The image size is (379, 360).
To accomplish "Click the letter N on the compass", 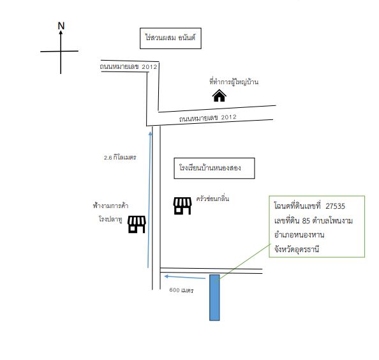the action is click(61, 26).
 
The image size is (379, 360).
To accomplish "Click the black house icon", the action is click(219, 96).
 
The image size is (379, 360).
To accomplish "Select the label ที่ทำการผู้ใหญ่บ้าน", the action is click(234, 82).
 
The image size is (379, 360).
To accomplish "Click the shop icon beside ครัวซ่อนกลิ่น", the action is click(182, 206).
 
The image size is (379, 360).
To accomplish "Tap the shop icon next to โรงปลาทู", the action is click(137, 225).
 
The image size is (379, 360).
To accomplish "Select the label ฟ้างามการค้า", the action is click(110, 206).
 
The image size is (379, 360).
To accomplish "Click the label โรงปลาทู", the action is click(110, 219).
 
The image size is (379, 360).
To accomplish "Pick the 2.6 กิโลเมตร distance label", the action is click(120, 158).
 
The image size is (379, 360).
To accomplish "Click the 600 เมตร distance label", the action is click(181, 290).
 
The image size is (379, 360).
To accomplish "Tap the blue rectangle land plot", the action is click(214, 297).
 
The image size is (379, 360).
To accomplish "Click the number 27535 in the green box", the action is click(335, 206).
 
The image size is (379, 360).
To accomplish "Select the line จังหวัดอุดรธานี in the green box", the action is click(297, 249).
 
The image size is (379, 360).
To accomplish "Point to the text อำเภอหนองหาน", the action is click(299, 234).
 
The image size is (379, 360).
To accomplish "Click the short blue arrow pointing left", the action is click(185, 277).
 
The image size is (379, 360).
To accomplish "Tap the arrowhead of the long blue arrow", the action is click(151, 133).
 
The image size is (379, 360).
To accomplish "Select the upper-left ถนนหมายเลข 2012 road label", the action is click(129, 66).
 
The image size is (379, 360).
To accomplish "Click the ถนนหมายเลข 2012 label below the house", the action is click(208, 118).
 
